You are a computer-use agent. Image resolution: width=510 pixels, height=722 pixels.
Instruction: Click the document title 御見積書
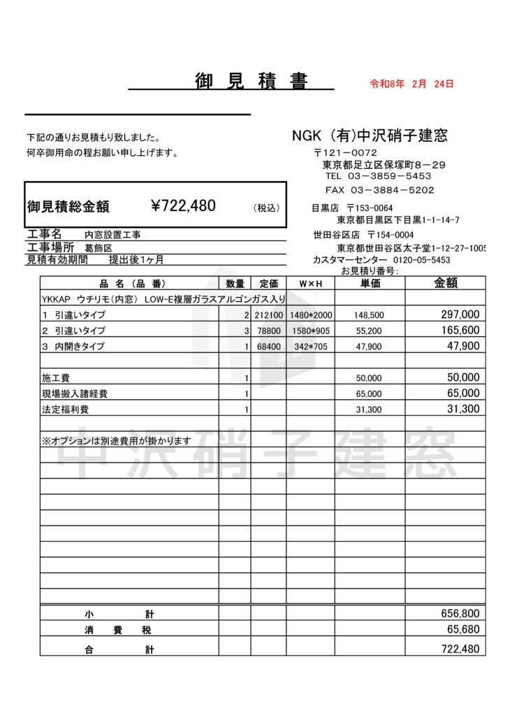point(252,82)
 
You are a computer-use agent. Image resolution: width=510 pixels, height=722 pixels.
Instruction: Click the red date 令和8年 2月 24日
point(411,84)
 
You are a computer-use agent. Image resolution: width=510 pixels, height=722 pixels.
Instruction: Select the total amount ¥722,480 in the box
point(183,205)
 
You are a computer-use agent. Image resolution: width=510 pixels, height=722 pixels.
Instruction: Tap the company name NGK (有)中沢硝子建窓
point(370,136)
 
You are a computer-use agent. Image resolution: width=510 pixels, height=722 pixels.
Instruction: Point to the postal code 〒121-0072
point(345,152)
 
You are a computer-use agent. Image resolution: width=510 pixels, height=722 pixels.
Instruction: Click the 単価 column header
point(370,284)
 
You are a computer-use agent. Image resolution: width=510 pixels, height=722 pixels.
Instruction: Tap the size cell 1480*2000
point(311,315)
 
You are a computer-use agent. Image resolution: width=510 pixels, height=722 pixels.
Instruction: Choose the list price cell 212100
point(268,315)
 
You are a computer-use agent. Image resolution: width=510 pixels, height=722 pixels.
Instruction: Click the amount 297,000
point(460,315)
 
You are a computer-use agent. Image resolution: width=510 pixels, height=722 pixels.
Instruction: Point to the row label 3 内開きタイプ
point(73,346)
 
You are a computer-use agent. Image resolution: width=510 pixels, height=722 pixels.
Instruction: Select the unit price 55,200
point(369,331)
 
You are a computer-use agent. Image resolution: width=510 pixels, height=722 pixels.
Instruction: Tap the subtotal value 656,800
point(460,613)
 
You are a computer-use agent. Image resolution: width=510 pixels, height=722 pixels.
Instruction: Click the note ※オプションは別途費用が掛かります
point(116,440)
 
